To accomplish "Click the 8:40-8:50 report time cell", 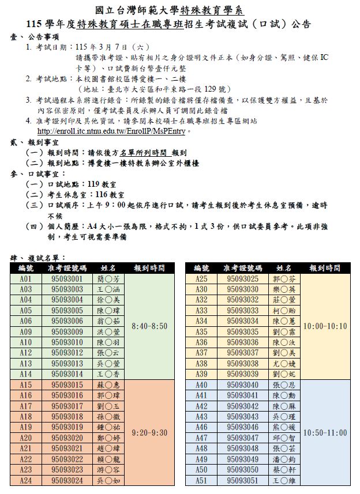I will (149, 326).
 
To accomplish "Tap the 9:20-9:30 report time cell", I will (149, 432).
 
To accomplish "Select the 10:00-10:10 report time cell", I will (325, 326).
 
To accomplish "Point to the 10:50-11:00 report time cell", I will (325, 432).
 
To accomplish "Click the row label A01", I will (26, 279).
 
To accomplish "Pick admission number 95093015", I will (67, 385).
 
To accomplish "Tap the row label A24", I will (26, 480).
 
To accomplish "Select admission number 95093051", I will (243, 480).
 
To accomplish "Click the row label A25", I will (201, 279).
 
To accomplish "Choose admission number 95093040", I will (243, 385).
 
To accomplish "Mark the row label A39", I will (201, 374).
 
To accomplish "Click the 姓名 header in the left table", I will (108, 268).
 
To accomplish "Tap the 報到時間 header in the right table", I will (325, 268).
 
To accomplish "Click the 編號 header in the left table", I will (26, 268).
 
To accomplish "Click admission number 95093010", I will (67, 342).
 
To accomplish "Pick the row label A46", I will (201, 427).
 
